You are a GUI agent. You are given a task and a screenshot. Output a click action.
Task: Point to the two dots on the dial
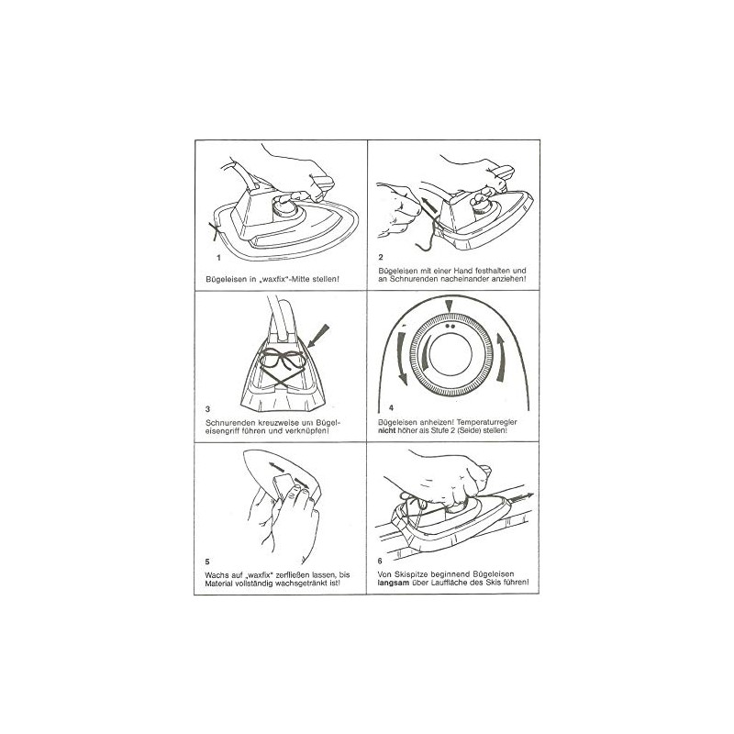pyautogui.click(x=449, y=326)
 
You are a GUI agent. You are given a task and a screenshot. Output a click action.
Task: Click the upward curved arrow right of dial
pyautogui.click(x=501, y=358)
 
